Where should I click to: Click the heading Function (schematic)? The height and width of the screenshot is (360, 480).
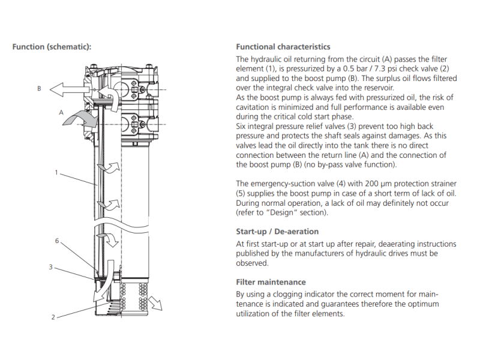coord(52,47)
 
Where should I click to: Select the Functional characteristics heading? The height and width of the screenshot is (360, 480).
coord(283,47)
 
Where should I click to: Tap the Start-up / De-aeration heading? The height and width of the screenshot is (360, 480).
coord(277,232)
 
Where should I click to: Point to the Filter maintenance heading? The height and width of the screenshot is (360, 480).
coord(271,282)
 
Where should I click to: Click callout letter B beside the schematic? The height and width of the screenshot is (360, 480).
coord(39,89)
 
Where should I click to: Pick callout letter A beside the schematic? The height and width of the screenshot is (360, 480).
coord(61,112)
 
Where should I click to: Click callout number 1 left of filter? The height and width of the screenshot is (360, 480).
coord(56,173)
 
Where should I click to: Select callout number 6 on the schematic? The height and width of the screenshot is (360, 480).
coord(56,241)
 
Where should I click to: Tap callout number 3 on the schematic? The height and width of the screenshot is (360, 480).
coord(51,267)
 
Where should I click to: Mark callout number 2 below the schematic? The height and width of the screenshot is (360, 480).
coord(53,317)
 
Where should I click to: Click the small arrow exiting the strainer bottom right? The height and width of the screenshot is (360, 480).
coord(157,302)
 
